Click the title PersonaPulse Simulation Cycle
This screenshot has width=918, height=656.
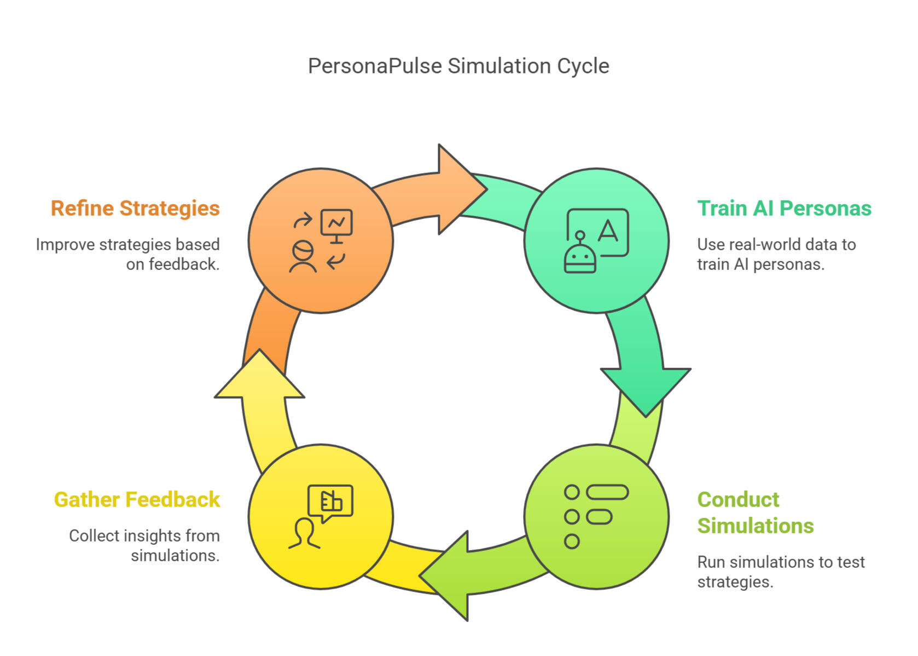click(x=458, y=66)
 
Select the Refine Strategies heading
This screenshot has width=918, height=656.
click(x=135, y=209)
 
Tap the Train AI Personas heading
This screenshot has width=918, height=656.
click(x=784, y=209)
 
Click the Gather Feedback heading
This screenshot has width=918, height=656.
click(x=137, y=500)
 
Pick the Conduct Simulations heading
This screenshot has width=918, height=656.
click(x=755, y=513)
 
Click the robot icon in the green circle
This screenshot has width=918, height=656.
click(x=580, y=255)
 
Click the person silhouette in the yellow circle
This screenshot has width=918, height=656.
click(x=304, y=534)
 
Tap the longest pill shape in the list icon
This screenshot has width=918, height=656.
click(x=607, y=492)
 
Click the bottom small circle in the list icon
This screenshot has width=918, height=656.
click(x=572, y=542)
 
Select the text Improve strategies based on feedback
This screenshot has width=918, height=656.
click(x=128, y=254)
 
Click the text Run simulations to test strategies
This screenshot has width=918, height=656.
click(x=781, y=572)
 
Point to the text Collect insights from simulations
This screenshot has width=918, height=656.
click(x=144, y=545)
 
